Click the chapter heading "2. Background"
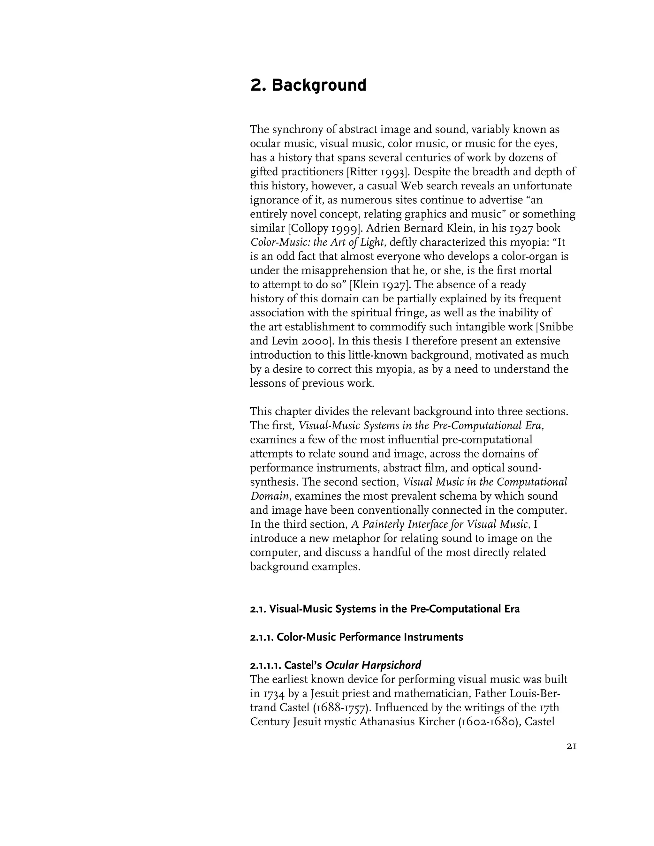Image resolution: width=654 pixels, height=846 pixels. coord(308,85)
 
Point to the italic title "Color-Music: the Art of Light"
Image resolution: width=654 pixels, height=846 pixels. coord(317,243)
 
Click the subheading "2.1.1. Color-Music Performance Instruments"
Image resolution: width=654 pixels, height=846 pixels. coord(356,637)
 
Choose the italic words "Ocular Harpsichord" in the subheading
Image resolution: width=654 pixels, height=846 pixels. coord(373,666)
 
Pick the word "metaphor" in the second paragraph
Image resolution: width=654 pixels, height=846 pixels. coord(348,539)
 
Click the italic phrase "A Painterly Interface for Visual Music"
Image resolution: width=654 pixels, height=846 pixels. coord(440,525)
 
